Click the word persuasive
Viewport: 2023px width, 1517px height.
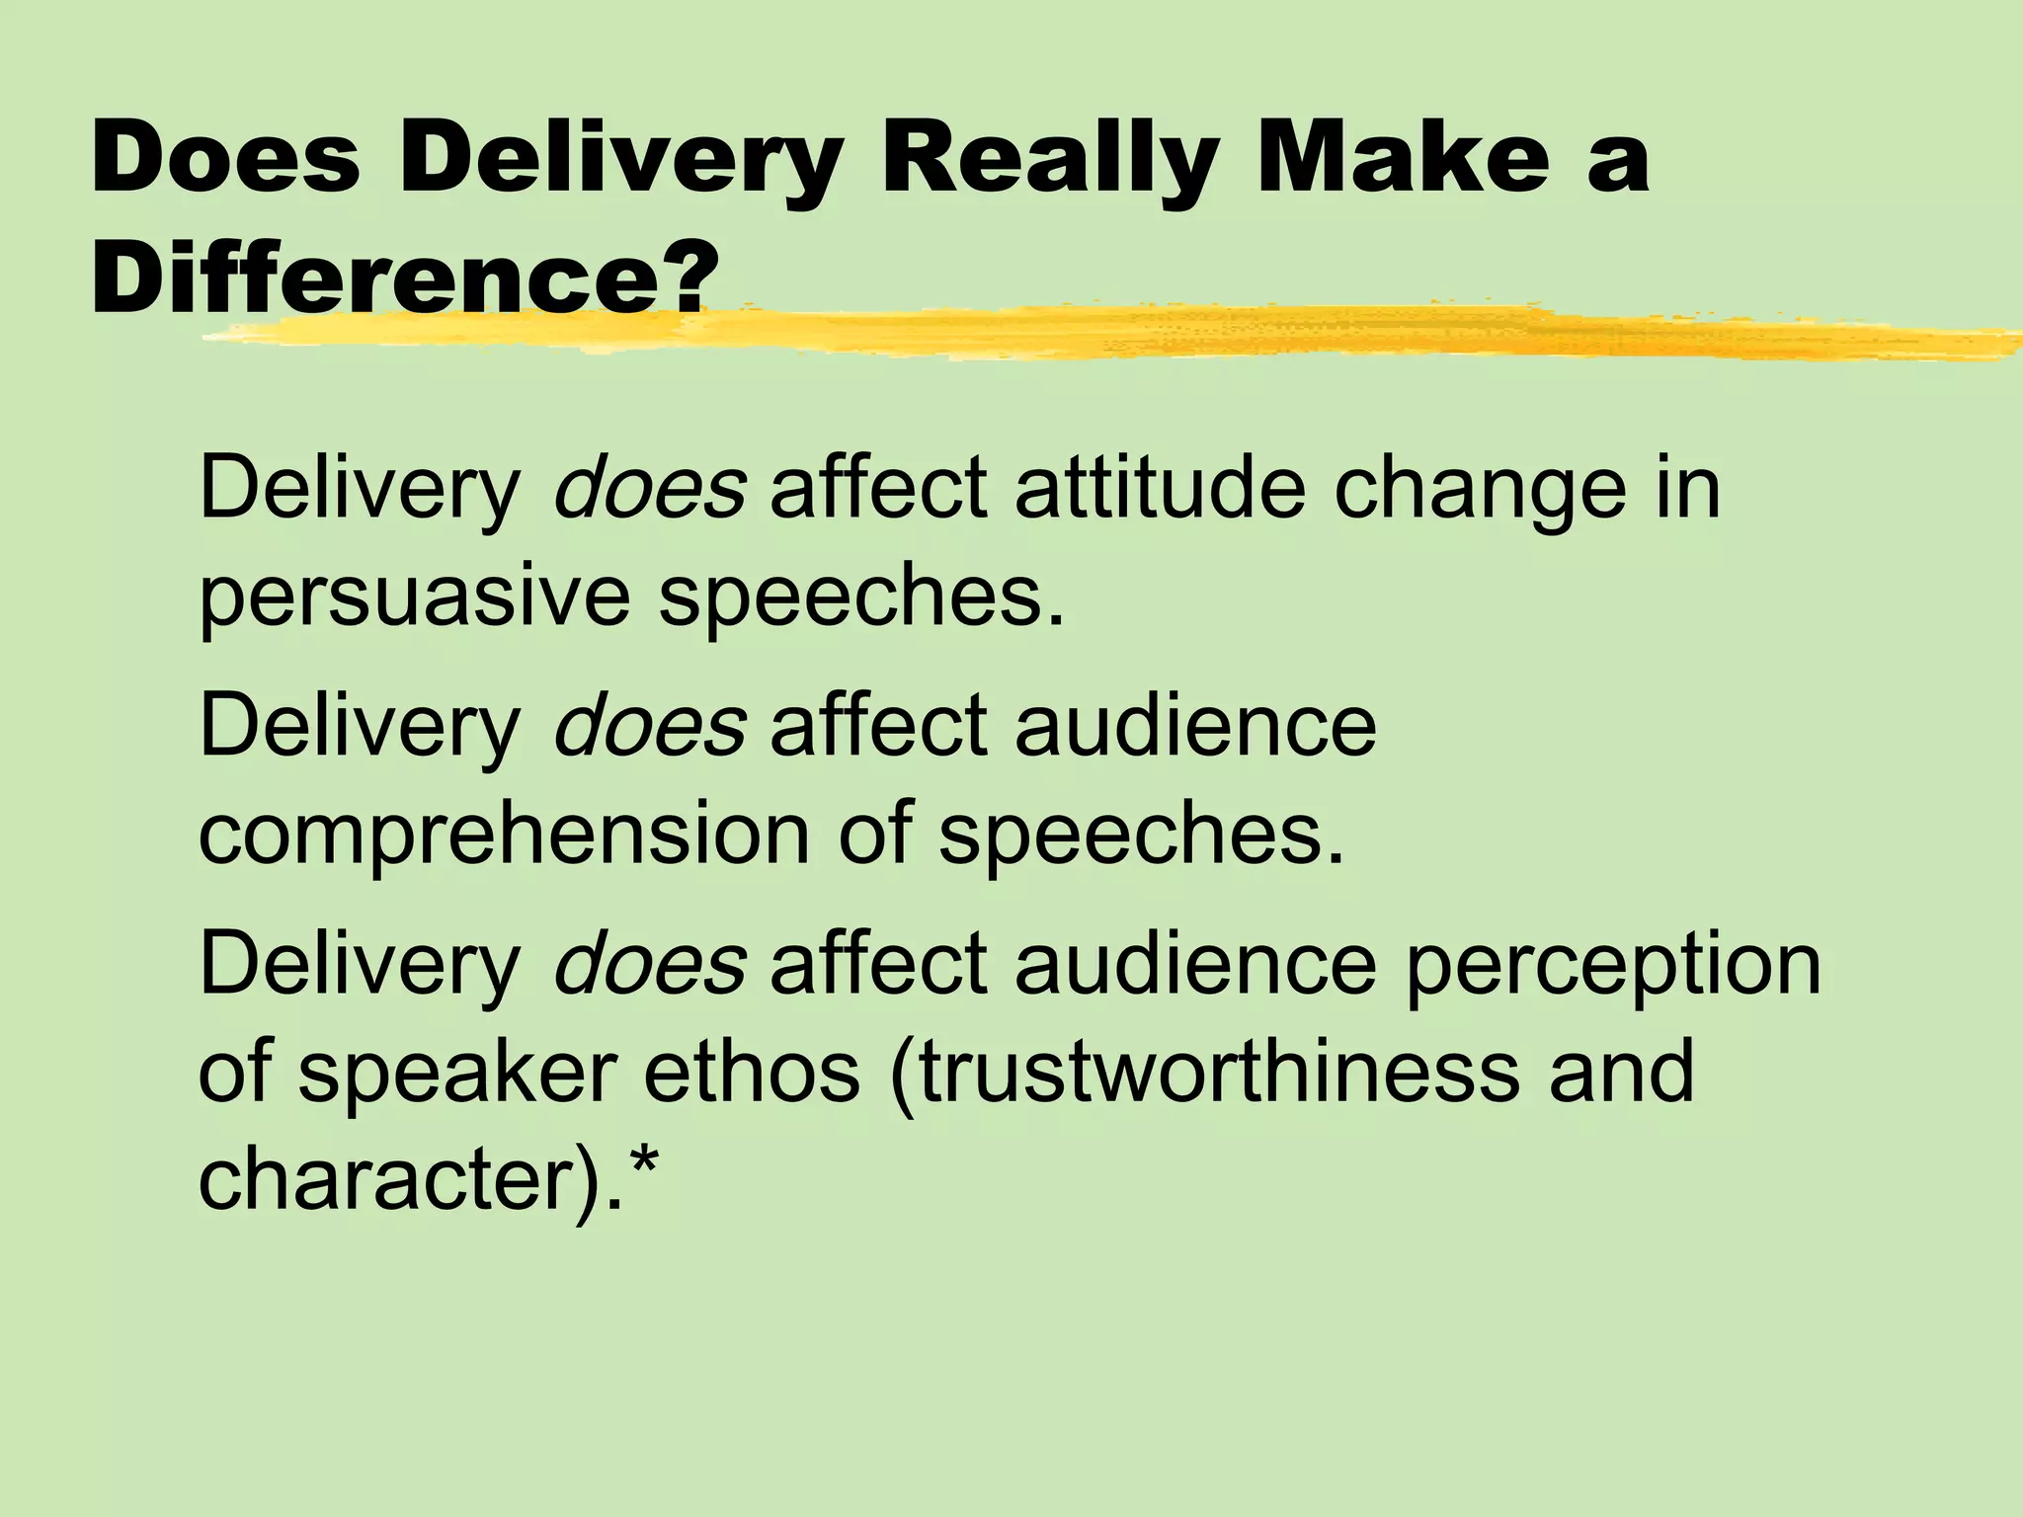pos(414,599)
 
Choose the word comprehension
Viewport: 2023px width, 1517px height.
pos(504,835)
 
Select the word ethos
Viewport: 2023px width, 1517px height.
pos(751,1073)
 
